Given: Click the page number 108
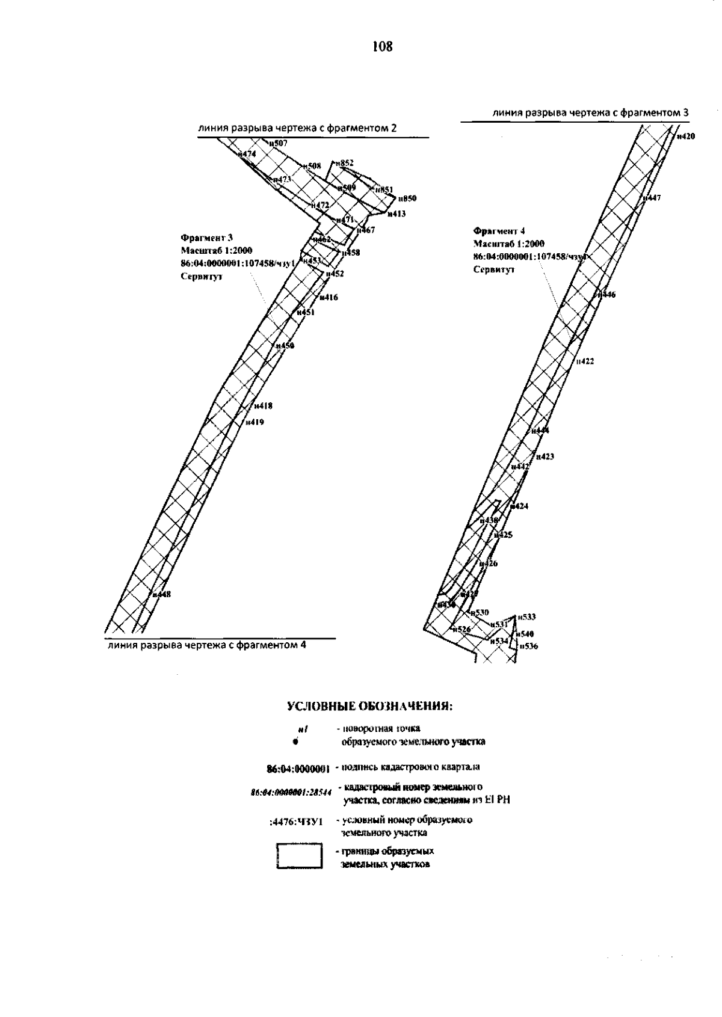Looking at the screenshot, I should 382,46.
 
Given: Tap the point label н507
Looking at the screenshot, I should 279,143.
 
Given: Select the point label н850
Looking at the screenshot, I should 407,198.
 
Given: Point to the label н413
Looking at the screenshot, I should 396,214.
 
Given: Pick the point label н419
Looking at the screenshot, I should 255,422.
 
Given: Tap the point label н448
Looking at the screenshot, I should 162,594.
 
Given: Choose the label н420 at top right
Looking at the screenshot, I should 685,137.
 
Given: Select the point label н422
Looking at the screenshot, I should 585,361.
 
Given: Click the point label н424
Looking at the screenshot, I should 519,506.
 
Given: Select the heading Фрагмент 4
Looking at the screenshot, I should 495,230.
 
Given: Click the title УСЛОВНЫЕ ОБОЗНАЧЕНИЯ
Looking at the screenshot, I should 369,705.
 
